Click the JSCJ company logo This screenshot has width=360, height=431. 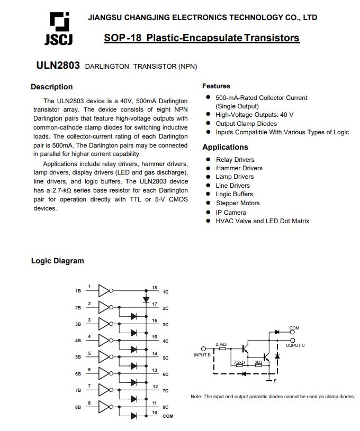click(58, 29)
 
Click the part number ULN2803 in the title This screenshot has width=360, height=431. click(58, 66)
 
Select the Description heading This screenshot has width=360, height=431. click(51, 87)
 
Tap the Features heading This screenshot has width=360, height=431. click(216, 86)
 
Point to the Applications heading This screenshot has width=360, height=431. click(225, 147)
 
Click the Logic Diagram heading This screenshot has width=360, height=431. click(57, 261)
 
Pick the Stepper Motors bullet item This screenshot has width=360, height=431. click(238, 203)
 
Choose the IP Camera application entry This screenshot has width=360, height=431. click(231, 212)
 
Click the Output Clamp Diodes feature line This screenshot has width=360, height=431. click(246, 123)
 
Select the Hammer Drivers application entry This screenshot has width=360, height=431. click(239, 168)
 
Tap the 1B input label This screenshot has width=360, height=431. click(78, 291)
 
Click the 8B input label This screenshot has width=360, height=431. click(78, 407)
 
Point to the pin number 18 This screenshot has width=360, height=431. click(155, 288)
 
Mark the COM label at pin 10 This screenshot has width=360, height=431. click(168, 416)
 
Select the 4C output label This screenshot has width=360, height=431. click(165, 341)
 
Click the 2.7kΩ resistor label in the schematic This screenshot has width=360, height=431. click(221, 344)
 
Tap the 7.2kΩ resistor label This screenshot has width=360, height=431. click(239, 362)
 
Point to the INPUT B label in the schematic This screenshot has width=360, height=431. click(203, 354)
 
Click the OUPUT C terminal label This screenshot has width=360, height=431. click(295, 345)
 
